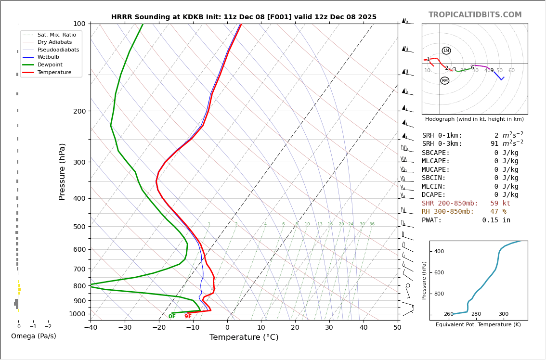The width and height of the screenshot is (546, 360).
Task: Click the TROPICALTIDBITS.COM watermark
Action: [x=475, y=15]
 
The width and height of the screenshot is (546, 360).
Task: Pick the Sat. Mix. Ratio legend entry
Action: [x=56, y=35]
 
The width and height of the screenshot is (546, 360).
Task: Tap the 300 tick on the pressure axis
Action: [x=79, y=162]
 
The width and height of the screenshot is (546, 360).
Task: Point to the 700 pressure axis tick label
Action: [x=79, y=269]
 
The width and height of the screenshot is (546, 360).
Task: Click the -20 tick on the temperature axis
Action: [x=158, y=327]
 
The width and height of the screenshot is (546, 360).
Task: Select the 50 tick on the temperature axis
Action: [x=397, y=327]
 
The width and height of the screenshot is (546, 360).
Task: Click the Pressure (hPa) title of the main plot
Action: [x=62, y=171]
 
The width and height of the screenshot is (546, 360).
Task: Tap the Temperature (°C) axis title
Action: [x=244, y=337]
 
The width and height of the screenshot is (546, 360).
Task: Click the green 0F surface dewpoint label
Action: [x=172, y=317]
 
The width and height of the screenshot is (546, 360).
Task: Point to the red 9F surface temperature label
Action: [x=188, y=317]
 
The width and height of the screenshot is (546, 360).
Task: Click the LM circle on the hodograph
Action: [x=446, y=51]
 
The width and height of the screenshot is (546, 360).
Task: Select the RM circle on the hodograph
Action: [x=444, y=81]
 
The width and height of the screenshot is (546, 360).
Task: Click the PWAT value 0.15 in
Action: [x=496, y=220]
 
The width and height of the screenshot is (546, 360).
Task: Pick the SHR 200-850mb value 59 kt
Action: [x=500, y=204]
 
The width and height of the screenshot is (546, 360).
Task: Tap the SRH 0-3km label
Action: [x=442, y=144]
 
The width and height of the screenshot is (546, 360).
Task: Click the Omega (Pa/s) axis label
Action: [x=34, y=336]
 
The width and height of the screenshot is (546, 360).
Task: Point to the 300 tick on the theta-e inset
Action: [x=503, y=314]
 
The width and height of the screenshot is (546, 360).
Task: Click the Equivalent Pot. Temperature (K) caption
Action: [x=478, y=325]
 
